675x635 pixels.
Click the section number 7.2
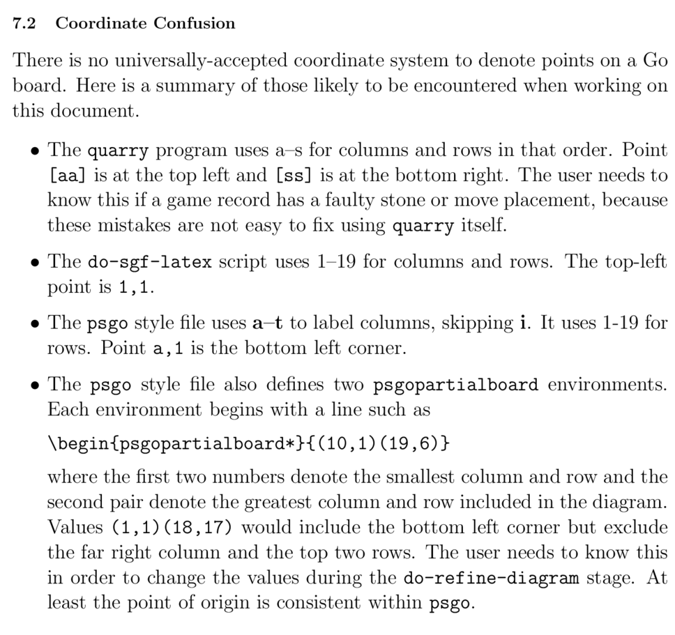[24, 24]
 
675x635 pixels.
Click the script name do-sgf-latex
[150, 262]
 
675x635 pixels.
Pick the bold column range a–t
[268, 323]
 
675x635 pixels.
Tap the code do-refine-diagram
[491, 578]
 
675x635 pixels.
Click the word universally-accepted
[185, 61]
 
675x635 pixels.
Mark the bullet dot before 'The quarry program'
[33, 151]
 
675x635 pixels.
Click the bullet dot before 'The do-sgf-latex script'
[33, 263]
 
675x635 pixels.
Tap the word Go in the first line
[654, 61]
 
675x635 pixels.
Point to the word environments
[607, 385]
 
